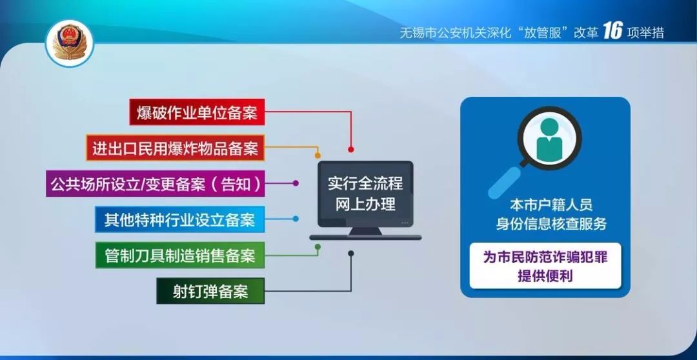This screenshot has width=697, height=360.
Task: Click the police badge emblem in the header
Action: [x=70, y=43]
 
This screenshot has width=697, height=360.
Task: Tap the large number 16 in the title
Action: [x=612, y=32]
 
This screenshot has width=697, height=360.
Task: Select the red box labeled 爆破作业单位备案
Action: [x=197, y=113]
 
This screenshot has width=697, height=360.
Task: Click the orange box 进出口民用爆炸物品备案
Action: [x=175, y=148]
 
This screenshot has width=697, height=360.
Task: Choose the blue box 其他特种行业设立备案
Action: [x=179, y=219]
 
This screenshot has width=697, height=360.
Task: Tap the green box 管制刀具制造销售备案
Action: [x=179, y=255]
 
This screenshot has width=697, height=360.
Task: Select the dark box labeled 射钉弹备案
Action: [x=210, y=291]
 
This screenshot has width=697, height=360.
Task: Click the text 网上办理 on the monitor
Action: [x=365, y=205]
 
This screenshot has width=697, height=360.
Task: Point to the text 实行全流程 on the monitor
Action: [x=365, y=183]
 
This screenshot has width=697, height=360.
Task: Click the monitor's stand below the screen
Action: [x=365, y=233]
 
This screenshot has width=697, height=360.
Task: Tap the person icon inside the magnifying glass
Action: [x=549, y=138]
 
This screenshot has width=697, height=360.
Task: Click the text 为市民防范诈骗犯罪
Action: [x=545, y=257]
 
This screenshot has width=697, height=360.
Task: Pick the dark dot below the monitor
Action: [x=350, y=253]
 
